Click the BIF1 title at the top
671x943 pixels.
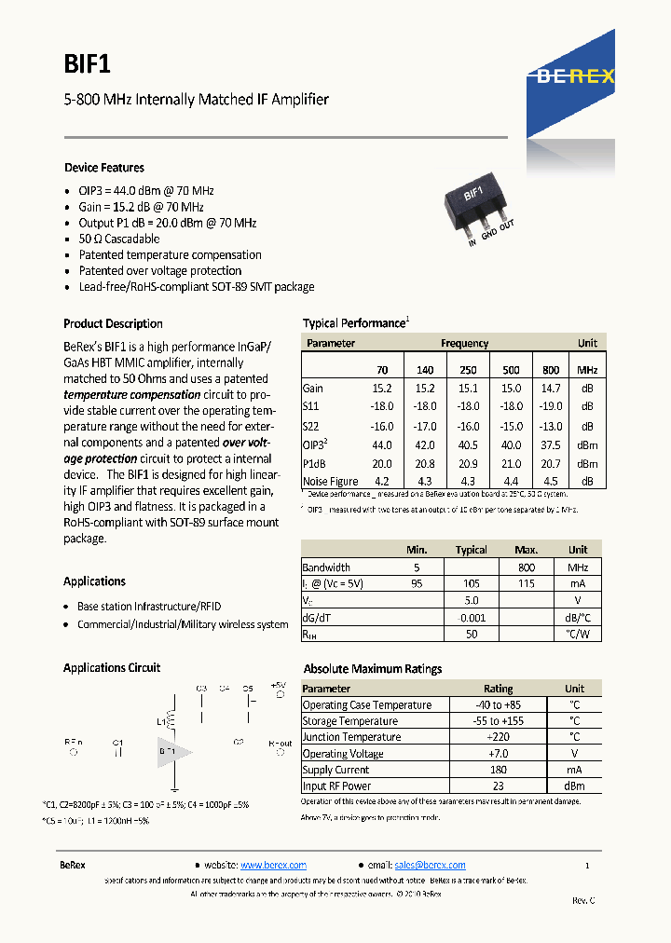click(88, 62)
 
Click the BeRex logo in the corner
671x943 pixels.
click(575, 77)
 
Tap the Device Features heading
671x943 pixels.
click(103, 169)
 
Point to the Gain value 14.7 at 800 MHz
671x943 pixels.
click(551, 389)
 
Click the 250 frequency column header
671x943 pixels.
click(468, 370)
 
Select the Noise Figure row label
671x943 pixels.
click(330, 482)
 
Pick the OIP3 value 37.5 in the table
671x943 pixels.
click(551, 444)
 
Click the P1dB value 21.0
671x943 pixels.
click(510, 463)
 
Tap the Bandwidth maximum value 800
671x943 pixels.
click(527, 567)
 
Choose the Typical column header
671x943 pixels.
click(471, 550)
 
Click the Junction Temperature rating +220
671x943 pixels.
click(498, 737)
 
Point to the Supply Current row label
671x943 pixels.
click(335, 770)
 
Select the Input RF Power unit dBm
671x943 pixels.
click(575, 786)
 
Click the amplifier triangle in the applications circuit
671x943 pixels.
click(167, 750)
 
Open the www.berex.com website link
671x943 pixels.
click(273, 865)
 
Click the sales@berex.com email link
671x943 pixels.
click(430, 865)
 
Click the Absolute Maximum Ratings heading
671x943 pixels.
click(373, 669)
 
